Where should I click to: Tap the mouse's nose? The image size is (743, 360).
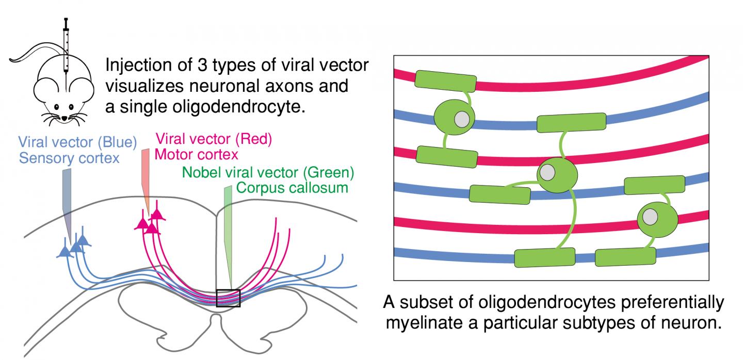63,118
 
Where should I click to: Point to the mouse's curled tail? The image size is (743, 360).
26,57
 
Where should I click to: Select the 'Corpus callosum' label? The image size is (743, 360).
292,187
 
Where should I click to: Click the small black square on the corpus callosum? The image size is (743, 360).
228,298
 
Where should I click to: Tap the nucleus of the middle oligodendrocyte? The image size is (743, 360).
548,171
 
